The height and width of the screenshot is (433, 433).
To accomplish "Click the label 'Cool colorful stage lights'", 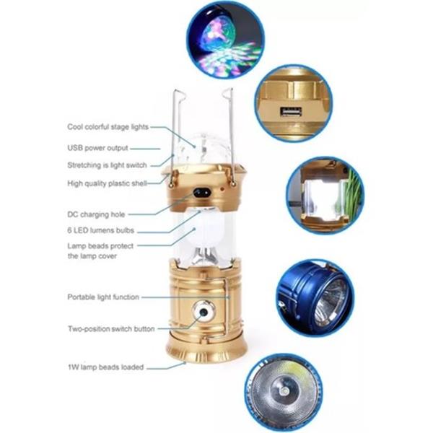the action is click(x=108, y=127).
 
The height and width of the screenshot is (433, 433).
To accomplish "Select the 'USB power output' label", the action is click(x=97, y=148).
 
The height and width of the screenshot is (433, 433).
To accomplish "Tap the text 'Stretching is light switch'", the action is click(x=107, y=165).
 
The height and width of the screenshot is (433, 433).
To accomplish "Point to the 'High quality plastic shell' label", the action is click(x=107, y=183).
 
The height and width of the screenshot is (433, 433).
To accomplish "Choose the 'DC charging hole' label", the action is click(x=96, y=214).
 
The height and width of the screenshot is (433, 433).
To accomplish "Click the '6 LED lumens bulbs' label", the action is click(x=101, y=230).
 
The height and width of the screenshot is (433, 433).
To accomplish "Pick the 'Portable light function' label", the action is click(x=103, y=297).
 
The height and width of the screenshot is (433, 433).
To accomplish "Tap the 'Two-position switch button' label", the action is click(x=111, y=329).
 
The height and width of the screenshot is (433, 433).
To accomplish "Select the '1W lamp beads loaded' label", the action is click(x=106, y=367).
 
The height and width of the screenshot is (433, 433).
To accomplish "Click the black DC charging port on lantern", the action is click(x=202, y=193).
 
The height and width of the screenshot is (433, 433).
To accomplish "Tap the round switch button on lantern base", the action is click(x=204, y=312).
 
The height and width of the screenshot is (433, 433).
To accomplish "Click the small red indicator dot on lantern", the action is click(x=222, y=189).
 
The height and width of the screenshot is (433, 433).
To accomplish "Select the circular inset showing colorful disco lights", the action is click(x=224, y=40).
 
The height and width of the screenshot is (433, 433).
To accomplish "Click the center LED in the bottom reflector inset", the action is click(x=284, y=391).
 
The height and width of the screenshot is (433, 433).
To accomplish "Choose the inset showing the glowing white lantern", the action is click(x=325, y=196).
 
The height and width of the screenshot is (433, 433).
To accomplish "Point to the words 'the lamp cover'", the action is click(x=92, y=256).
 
